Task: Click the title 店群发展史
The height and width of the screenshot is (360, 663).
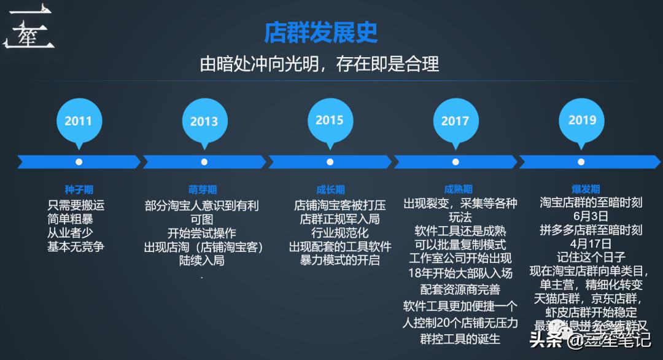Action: click(321, 33)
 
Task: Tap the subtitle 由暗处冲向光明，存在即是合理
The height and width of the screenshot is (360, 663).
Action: click(319, 65)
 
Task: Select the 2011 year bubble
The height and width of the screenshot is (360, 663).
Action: click(78, 121)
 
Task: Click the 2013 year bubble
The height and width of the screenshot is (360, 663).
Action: click(204, 121)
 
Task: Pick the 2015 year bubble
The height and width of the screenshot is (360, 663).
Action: click(330, 120)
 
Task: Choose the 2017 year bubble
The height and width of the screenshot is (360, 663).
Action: click(455, 121)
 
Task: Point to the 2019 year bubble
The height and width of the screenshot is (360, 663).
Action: click(582, 120)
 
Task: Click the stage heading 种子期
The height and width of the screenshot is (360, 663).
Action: click(79, 190)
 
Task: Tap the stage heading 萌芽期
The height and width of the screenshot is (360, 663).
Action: click(203, 190)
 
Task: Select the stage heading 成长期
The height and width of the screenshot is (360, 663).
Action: click(330, 190)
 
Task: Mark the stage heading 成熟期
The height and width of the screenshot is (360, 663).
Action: click(459, 189)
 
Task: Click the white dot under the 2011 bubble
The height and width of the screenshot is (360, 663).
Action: click(79, 162)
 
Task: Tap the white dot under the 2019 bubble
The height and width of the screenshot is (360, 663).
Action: click(581, 162)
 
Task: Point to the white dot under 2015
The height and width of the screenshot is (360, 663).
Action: click(330, 162)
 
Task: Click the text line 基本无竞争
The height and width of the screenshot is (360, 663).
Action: click(76, 247)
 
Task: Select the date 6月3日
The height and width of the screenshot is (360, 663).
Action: click(591, 216)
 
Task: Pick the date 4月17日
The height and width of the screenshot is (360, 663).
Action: click(591, 243)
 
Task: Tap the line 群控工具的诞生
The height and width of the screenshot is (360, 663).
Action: click(460, 338)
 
